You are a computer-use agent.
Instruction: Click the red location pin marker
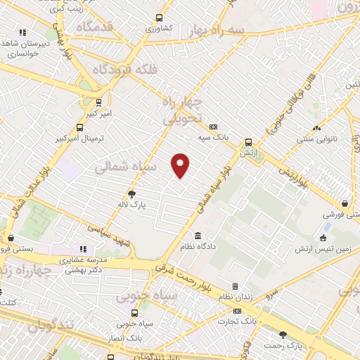[181, 165]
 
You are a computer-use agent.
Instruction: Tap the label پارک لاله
[131, 205]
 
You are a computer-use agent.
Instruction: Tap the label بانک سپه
[213, 136]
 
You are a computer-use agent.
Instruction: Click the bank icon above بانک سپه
[213, 126]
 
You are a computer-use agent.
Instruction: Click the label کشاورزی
[159, 30]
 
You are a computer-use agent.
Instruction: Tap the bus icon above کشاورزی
[159, 18]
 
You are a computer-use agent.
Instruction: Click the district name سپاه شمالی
[121, 167]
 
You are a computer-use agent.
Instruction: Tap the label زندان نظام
[235, 297]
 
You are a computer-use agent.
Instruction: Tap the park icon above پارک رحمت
[283, 335]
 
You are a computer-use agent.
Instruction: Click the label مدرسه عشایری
[83, 259]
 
